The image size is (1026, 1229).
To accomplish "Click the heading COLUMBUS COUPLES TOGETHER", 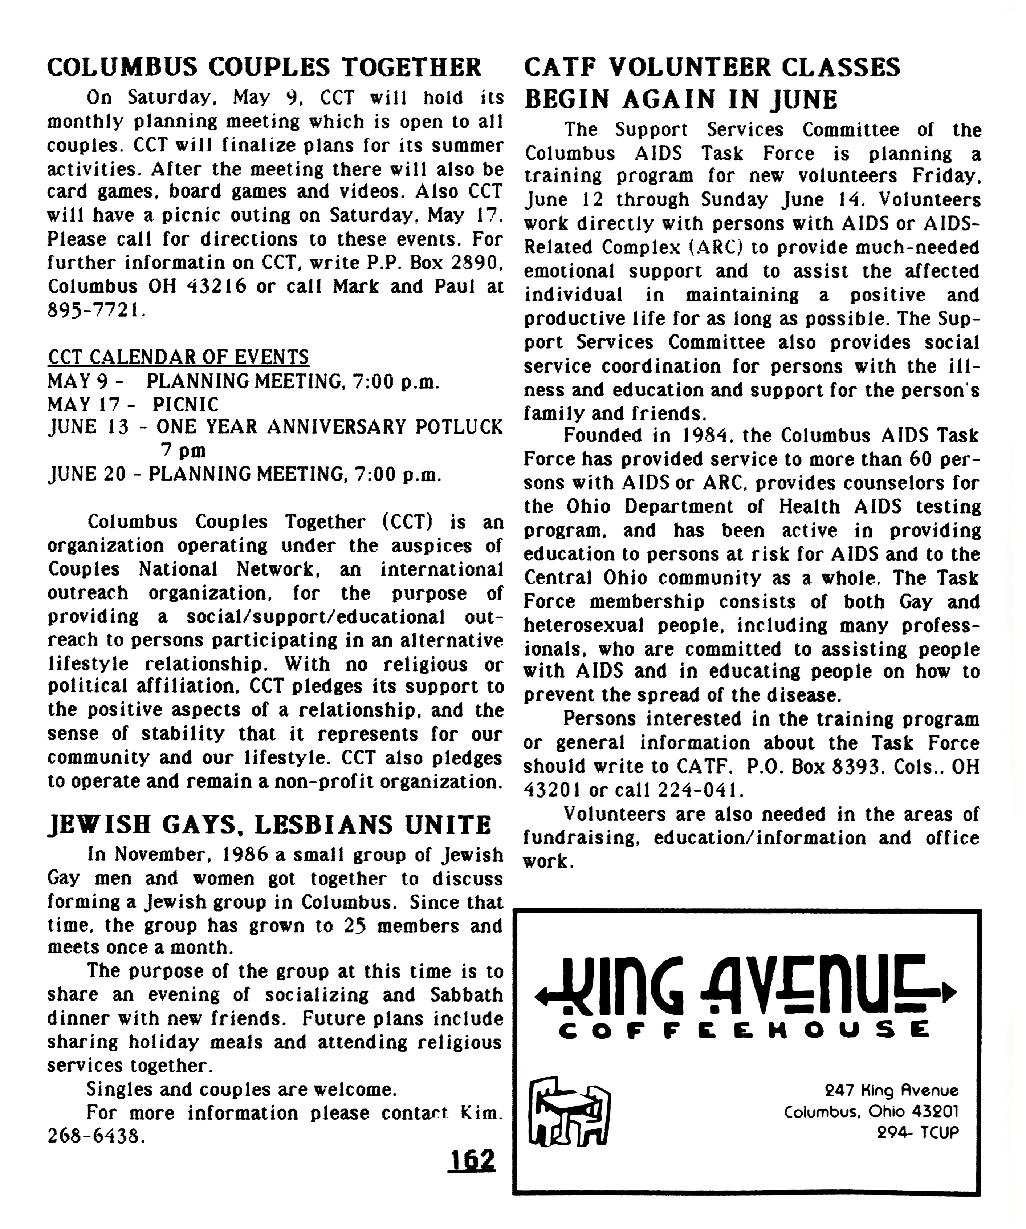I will [264, 68].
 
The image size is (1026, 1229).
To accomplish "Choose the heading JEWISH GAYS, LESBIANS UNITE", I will [269, 825].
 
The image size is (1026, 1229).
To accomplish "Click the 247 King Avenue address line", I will [891, 1090].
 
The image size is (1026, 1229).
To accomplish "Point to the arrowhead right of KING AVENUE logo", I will [950, 991].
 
